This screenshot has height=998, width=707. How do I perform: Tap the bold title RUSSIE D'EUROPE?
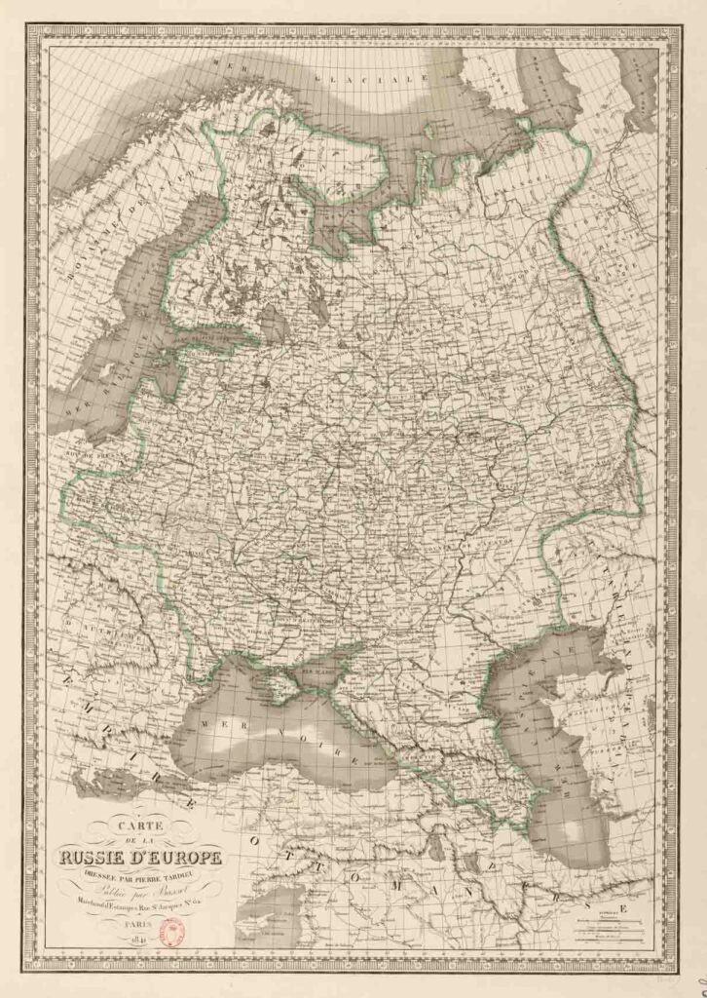pos(142,859)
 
